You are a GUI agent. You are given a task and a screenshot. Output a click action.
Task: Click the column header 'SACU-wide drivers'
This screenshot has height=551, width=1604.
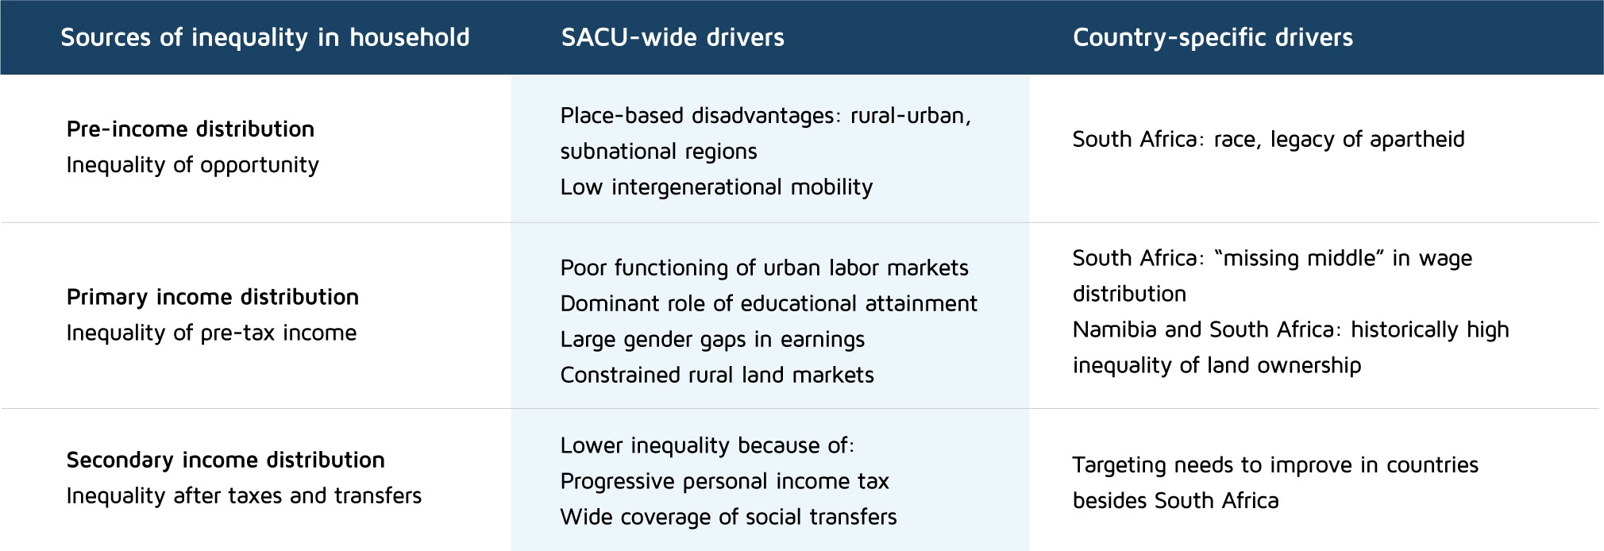click(673, 37)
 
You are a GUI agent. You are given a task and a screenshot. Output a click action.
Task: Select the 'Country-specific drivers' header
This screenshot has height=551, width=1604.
click(1213, 37)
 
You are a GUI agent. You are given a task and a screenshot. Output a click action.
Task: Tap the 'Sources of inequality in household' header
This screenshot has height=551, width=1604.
click(265, 37)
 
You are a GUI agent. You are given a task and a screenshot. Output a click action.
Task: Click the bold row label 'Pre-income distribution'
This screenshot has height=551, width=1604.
click(191, 129)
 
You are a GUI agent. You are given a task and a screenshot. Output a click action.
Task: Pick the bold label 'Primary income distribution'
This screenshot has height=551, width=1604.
click(213, 297)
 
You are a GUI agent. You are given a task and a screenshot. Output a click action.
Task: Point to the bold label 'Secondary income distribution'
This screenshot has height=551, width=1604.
click(226, 460)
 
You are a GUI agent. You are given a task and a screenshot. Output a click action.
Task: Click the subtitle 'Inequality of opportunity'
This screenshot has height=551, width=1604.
click(193, 165)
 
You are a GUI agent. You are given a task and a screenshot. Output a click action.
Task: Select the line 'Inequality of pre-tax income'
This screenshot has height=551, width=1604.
click(211, 333)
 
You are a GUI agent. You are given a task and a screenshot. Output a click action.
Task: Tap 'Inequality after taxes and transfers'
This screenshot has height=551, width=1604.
click(244, 495)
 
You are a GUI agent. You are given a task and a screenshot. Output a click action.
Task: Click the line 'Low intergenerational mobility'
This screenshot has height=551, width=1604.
click(716, 187)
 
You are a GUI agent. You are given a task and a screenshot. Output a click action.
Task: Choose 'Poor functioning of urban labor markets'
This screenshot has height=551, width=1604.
click(765, 268)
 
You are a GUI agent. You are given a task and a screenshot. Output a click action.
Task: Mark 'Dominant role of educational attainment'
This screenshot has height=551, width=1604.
click(769, 303)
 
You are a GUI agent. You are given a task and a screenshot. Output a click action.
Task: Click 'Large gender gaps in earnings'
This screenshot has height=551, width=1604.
click(712, 340)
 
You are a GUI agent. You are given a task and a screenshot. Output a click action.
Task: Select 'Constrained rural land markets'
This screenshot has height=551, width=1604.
click(717, 375)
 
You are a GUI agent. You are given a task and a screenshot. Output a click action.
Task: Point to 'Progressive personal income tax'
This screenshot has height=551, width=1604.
click(724, 481)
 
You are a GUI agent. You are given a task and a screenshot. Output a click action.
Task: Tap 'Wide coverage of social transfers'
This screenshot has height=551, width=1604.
click(728, 517)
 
